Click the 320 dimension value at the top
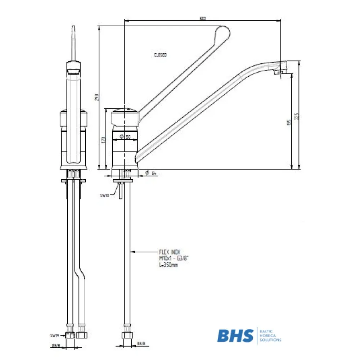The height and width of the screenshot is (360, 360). (x=202, y=18)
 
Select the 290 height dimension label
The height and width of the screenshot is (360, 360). (x=96, y=98)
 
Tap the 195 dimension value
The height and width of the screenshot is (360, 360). (x=289, y=122)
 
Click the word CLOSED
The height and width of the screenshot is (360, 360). (x=160, y=55)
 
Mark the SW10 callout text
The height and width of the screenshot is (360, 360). (x=104, y=195)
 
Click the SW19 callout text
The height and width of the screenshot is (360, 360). (x=54, y=335)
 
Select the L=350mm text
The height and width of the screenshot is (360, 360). (x=168, y=265)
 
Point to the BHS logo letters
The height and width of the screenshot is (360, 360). (x=235, y=336)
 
